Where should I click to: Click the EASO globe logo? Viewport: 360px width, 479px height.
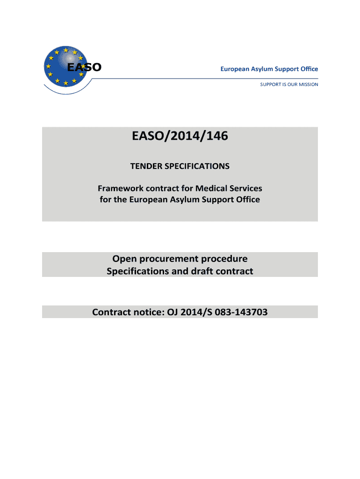pyautogui.click(x=67, y=67)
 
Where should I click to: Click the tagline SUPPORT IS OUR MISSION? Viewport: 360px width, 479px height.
pyautogui.click(x=289, y=85)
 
